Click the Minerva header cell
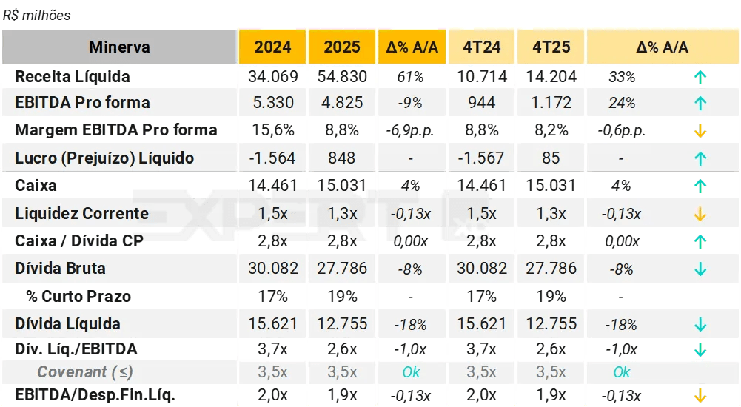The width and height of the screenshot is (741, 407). [x=119, y=47]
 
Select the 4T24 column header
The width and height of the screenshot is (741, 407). [x=482, y=47]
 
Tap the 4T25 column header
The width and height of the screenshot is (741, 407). [x=551, y=47]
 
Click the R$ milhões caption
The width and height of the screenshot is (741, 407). [x=37, y=16]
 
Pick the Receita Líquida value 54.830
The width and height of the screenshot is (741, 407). [x=342, y=77]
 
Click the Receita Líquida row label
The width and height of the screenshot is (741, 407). [x=73, y=77]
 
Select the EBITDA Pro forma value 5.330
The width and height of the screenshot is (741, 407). [x=273, y=103]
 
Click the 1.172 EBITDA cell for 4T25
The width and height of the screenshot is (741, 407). [x=551, y=103]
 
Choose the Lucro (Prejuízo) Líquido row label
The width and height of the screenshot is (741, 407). [x=104, y=158]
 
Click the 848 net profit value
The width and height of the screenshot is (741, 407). [x=341, y=158]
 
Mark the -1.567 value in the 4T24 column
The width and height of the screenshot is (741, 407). [x=481, y=158]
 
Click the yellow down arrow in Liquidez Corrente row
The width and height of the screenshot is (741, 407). [x=700, y=215]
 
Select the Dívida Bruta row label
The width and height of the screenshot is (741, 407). [x=61, y=269]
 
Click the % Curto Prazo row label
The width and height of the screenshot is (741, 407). [x=78, y=297]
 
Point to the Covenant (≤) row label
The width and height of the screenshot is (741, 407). [x=85, y=372]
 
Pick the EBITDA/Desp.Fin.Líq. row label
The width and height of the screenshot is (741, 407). [x=95, y=395]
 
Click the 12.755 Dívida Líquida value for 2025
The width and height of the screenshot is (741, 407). [x=342, y=323]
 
